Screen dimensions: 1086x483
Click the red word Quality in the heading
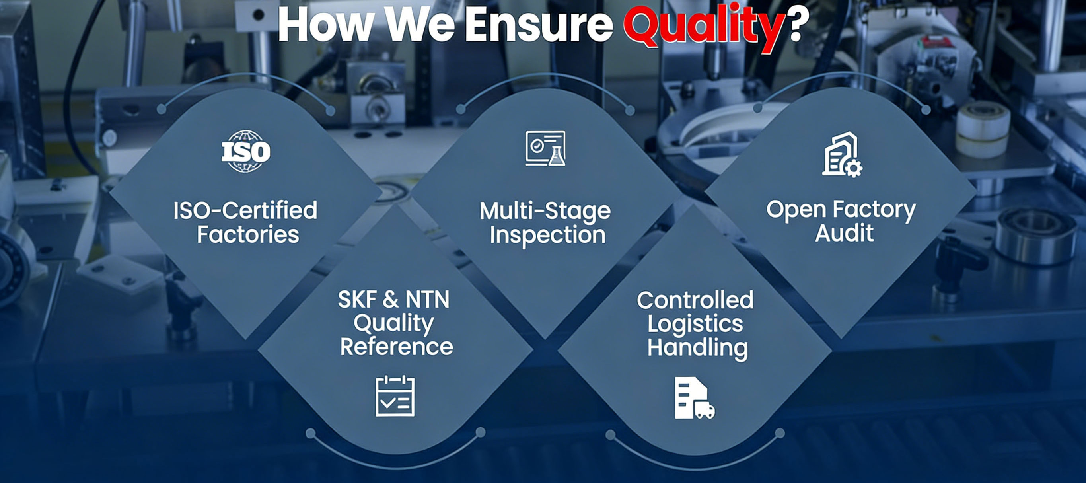coord(705,26)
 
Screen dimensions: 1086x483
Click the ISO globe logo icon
coord(246,151)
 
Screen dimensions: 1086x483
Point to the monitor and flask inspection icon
coord(545,148)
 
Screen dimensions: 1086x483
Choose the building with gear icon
coord(842,155)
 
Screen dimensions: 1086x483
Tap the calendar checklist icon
coord(395,396)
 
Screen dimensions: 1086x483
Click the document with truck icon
coord(694,398)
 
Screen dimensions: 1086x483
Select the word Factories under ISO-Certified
coord(248,234)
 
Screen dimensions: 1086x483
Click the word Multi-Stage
coord(545,211)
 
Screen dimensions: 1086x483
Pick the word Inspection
coord(548,235)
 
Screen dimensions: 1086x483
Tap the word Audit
coord(845,233)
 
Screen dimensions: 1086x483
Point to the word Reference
coord(396,347)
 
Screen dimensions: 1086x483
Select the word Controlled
coord(695,300)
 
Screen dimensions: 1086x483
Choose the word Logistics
coord(695,324)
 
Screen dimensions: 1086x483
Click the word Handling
coord(697,348)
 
